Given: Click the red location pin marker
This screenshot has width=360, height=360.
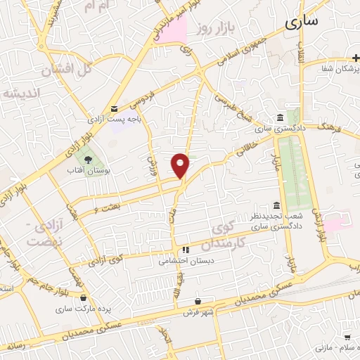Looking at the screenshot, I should [x=181, y=165].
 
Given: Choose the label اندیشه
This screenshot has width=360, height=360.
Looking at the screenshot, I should [x=21, y=93].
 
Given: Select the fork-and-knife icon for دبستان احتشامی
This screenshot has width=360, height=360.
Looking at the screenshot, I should [x=186, y=250].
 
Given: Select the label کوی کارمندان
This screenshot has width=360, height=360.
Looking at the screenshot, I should [x=229, y=238].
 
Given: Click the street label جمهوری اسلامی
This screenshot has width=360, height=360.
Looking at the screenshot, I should [x=239, y=54].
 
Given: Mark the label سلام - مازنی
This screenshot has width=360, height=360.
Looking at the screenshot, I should [x=335, y=347].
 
